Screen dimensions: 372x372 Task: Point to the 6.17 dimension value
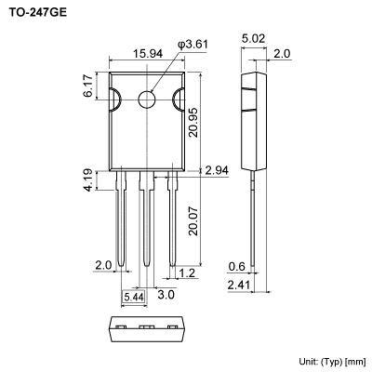(88, 86)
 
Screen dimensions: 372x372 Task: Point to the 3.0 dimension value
(165, 294)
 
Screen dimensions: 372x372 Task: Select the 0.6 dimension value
(238, 267)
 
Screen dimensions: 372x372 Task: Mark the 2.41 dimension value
(238, 286)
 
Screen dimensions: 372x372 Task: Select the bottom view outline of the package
(144, 326)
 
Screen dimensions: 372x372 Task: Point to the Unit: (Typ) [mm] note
(332, 360)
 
